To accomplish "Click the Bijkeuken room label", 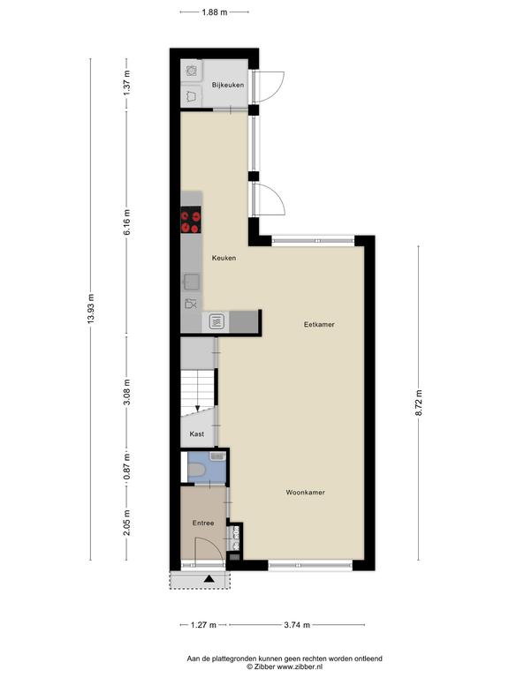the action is (x=228, y=85).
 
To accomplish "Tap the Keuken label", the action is (x=224, y=258).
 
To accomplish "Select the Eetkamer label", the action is (x=319, y=324).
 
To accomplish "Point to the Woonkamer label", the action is (x=305, y=493).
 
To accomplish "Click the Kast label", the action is (x=197, y=433).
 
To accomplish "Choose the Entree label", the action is (x=203, y=524).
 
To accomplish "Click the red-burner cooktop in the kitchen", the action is (x=191, y=220).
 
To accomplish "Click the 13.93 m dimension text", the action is (x=90, y=308).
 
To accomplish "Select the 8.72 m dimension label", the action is (x=419, y=403).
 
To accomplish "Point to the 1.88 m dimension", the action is (x=214, y=12).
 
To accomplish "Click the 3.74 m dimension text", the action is (x=297, y=625).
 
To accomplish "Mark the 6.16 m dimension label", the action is (x=127, y=222).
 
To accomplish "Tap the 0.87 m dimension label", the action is (x=127, y=466).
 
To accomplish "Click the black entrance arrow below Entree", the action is (x=209, y=579).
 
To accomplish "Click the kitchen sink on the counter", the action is (x=191, y=282).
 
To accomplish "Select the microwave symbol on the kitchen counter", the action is (x=217, y=321).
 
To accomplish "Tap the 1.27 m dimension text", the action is (x=203, y=625).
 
